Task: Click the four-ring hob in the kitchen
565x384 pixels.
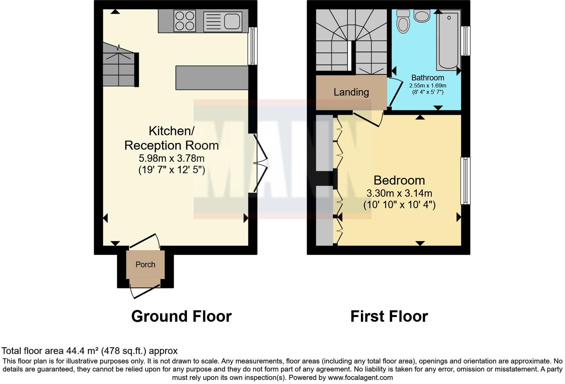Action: [x=185, y=21]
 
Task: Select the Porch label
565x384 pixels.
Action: [x=145, y=265]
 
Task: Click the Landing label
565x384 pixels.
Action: [x=351, y=92]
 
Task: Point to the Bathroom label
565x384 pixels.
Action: [x=427, y=77]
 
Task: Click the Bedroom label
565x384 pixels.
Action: [x=399, y=180]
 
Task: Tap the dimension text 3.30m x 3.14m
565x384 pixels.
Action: [x=399, y=193]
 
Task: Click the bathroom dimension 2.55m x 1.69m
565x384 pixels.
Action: [x=427, y=86]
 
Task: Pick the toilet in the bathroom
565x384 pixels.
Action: [x=403, y=22]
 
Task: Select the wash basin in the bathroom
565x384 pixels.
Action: [x=422, y=16]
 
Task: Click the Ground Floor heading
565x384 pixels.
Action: [x=181, y=316]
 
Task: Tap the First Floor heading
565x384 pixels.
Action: [x=389, y=316]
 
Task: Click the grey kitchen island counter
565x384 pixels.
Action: [x=212, y=78]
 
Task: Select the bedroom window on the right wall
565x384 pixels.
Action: [x=465, y=181]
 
